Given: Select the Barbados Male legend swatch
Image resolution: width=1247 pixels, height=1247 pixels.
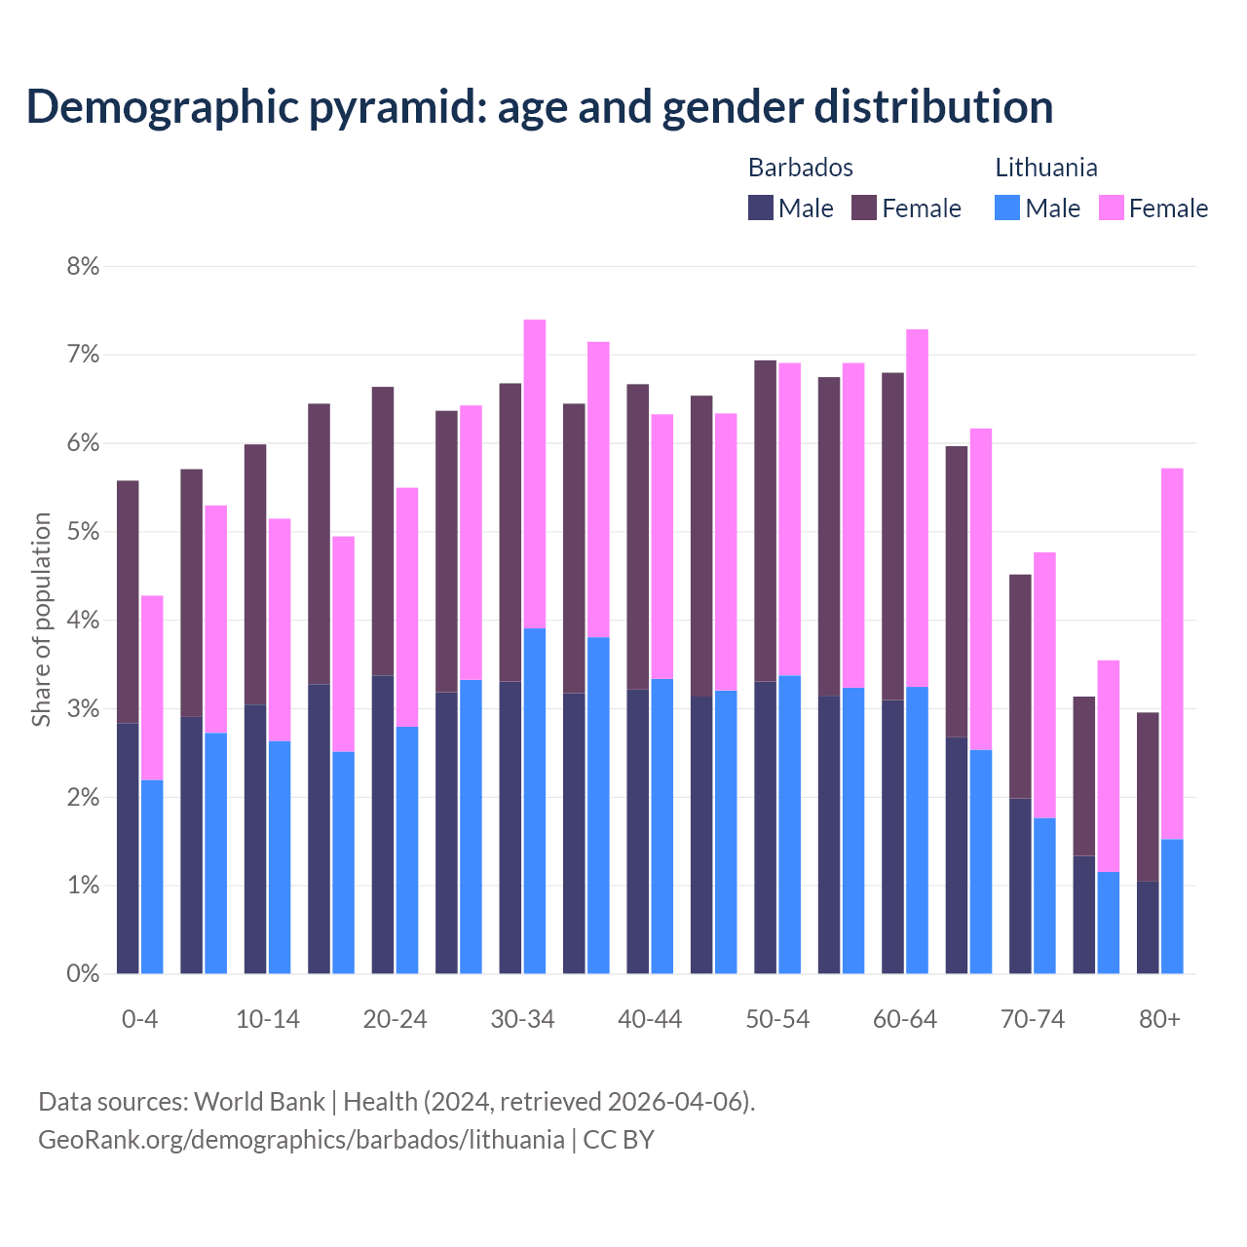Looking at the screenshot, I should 760,208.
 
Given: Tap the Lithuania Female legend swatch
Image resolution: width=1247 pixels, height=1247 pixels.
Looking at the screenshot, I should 1111,208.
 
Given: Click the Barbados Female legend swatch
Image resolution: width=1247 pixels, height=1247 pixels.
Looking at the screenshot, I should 864,208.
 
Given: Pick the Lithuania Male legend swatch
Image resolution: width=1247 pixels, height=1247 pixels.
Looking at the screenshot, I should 1007,208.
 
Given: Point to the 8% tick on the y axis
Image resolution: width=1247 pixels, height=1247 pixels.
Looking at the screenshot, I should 83,266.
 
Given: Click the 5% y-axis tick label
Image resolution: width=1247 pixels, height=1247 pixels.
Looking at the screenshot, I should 83,532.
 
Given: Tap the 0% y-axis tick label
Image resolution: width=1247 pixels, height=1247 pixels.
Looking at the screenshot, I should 83,973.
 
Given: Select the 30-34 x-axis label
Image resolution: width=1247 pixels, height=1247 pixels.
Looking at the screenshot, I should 522,1019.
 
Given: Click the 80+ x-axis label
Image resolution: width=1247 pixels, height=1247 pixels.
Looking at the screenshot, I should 1159,1019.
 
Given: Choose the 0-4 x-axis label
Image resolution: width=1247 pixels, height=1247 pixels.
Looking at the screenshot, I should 139,1019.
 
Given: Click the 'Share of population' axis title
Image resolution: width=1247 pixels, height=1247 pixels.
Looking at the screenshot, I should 41,620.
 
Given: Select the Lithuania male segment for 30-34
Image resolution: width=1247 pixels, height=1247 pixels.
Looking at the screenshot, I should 535,799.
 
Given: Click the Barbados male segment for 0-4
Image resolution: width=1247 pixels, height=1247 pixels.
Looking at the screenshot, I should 128,848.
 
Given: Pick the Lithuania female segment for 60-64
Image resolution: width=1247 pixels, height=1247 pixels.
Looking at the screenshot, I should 917,507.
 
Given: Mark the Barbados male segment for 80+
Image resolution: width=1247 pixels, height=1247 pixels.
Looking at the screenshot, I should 1148,926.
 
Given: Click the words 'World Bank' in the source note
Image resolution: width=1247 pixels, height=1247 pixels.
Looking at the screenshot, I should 259,1101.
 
